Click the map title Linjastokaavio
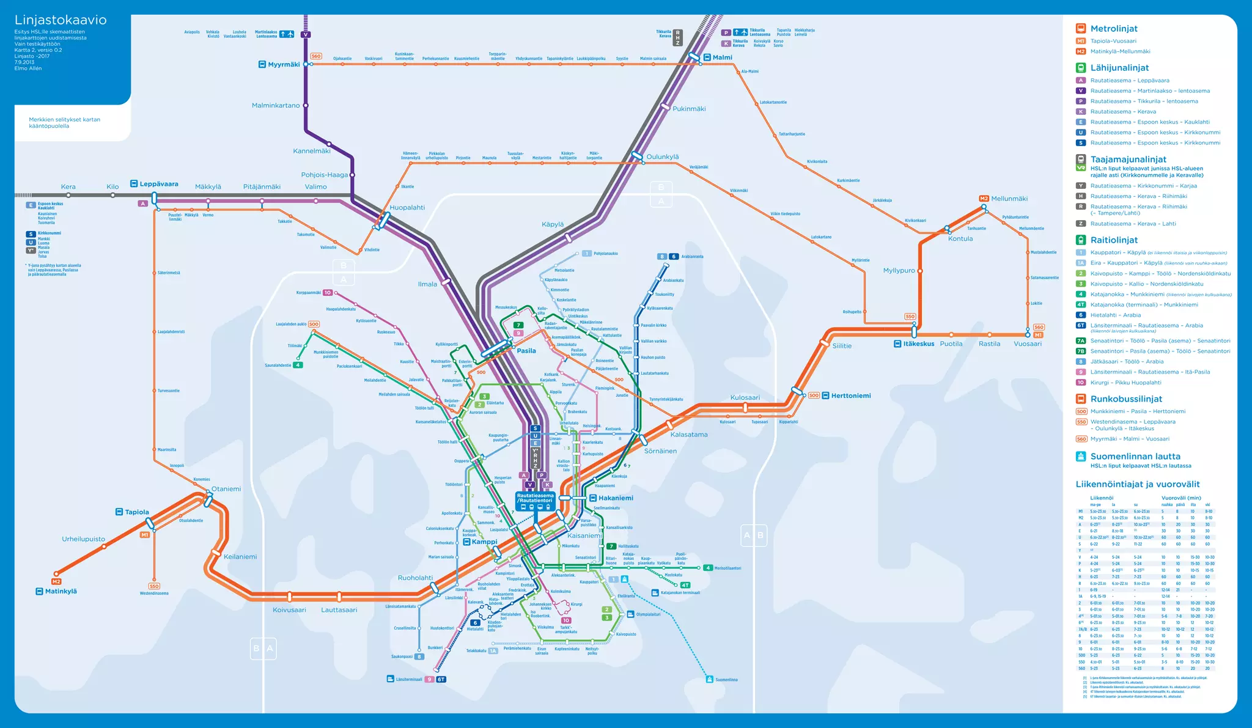pyautogui.click(x=61, y=20)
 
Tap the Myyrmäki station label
pyautogui.click(x=284, y=64)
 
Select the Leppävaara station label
pyautogui.click(x=158, y=184)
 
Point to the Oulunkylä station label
pyautogui.click(x=663, y=157)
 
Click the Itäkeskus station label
pyautogui.click(x=918, y=344)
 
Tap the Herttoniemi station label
pyautogui.click(x=850, y=395)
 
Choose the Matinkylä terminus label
pyautogui.click(x=61, y=591)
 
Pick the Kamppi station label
pyautogui.click(x=484, y=542)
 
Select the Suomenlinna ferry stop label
pyautogui.click(x=726, y=679)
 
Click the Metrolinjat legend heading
pyautogui.click(x=1114, y=29)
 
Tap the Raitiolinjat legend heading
pyautogui.click(x=1114, y=240)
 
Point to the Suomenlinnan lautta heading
pyautogui.click(x=1135, y=457)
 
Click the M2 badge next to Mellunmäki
pyautogui.click(x=984, y=199)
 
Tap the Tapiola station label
pyautogui.click(x=137, y=512)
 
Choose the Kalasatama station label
pyautogui.click(x=689, y=435)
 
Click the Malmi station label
pyautogui.click(x=722, y=57)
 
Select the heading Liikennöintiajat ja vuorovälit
pyautogui.click(x=1138, y=484)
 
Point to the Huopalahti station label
pyautogui.click(x=407, y=208)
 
